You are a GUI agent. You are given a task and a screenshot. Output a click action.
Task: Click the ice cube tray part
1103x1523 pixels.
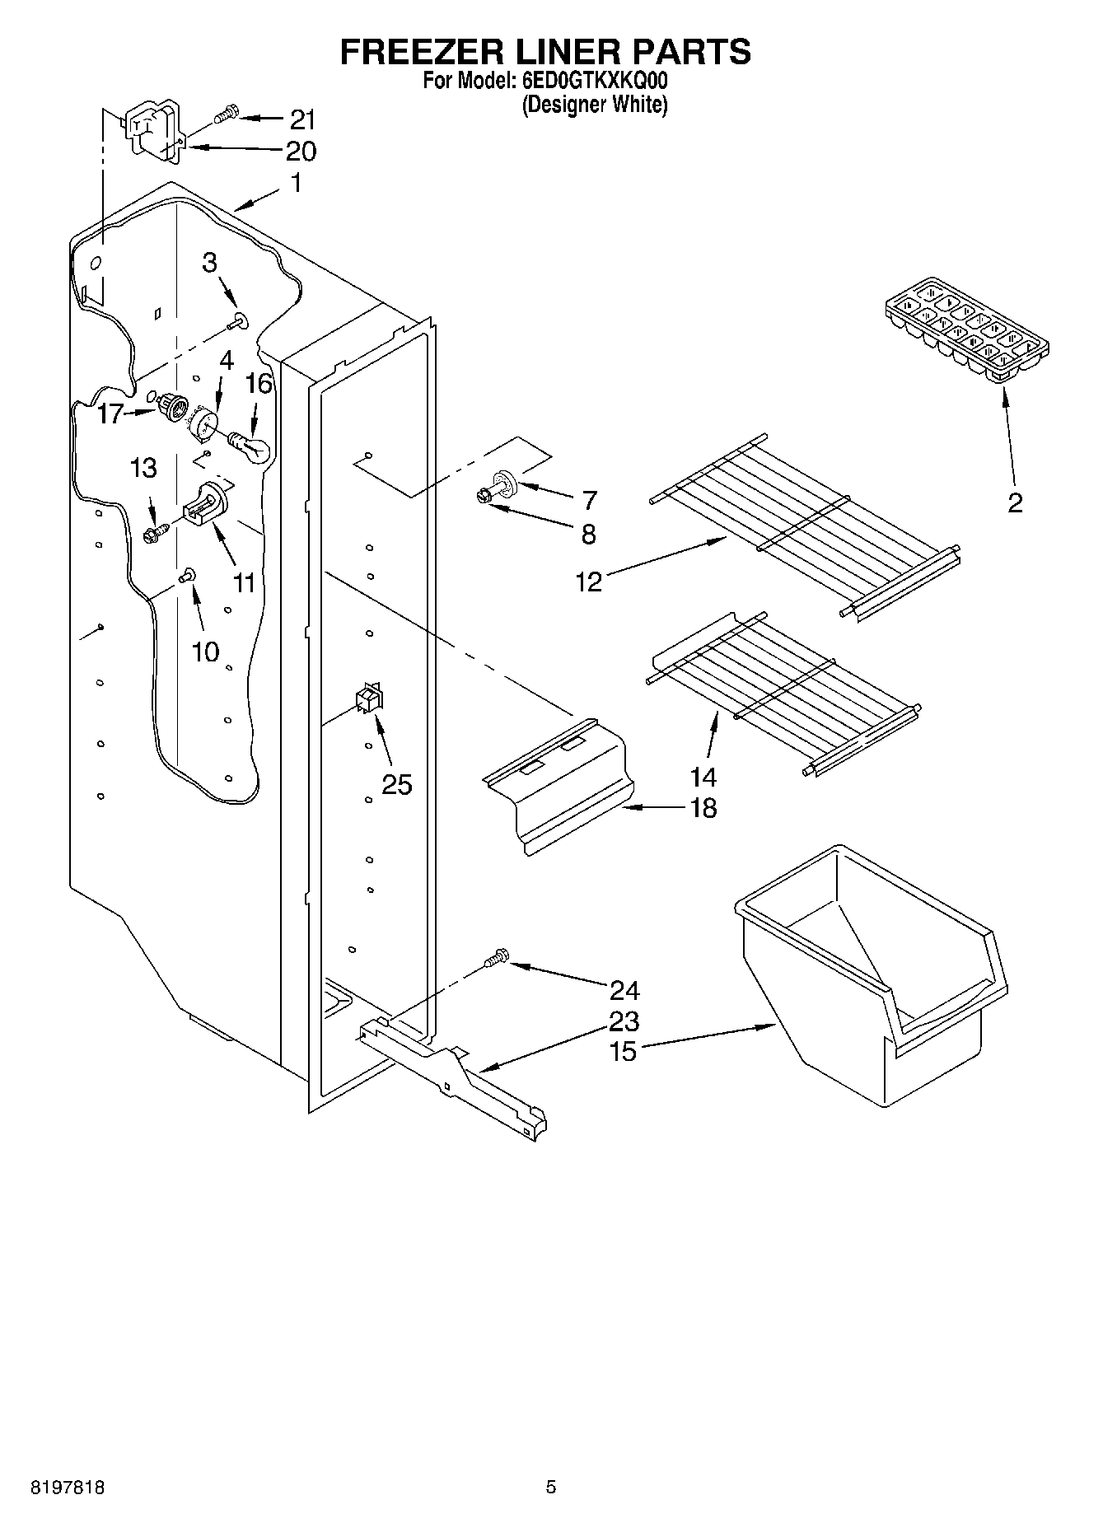click(968, 330)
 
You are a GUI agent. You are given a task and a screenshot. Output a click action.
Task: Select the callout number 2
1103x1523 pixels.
click(1015, 502)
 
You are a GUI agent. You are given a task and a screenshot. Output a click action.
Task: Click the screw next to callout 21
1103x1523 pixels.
click(225, 114)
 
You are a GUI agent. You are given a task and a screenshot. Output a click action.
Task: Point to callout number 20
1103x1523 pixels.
click(301, 152)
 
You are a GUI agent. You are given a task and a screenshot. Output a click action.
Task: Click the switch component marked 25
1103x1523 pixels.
click(368, 698)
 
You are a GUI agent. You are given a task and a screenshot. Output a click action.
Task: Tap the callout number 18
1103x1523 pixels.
click(703, 809)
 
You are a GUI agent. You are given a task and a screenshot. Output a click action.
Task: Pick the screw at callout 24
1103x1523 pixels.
click(497, 958)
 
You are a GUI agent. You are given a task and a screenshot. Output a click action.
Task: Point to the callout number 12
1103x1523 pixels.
click(589, 582)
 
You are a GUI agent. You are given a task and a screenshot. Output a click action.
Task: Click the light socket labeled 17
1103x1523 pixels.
click(171, 405)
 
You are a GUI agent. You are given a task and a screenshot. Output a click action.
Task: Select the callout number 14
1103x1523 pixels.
click(703, 777)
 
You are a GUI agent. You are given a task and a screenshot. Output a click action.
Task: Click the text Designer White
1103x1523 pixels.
click(594, 105)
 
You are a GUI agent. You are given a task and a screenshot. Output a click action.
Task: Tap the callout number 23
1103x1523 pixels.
click(624, 1021)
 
